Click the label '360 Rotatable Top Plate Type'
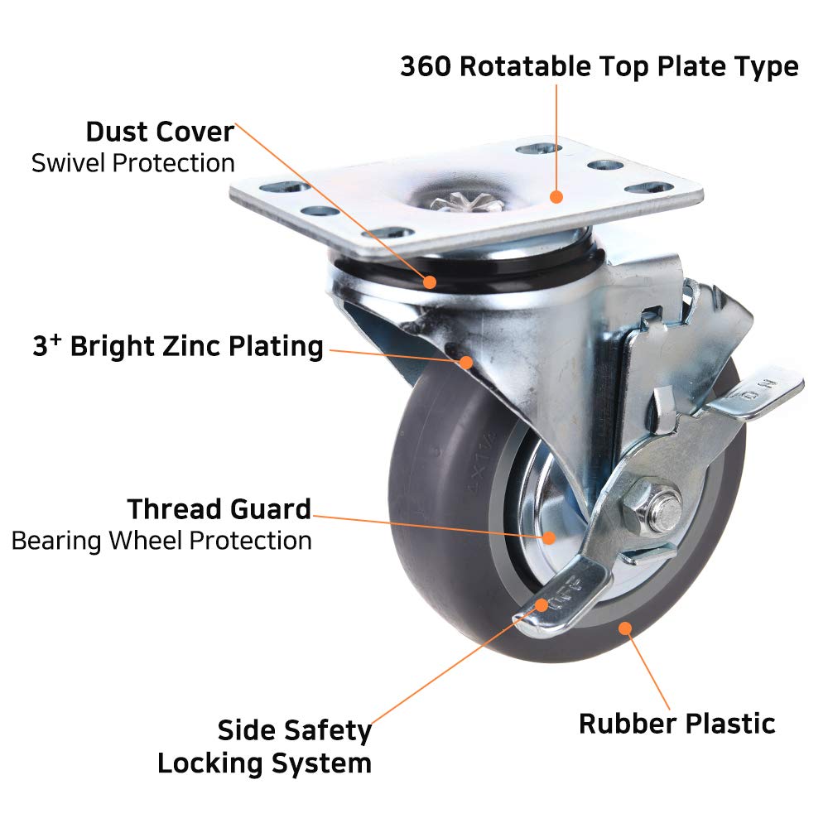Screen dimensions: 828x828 click(599, 66)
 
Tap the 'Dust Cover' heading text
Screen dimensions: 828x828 click(160, 132)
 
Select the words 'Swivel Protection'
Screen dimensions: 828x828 click(132, 163)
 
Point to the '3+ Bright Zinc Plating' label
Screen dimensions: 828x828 click(178, 346)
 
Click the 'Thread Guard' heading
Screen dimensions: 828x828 click(219, 508)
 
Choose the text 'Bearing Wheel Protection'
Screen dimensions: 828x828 click(161, 541)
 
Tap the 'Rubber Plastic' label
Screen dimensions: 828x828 click(676, 723)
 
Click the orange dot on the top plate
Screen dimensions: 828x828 click(556, 197)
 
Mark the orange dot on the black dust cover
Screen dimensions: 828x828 click(430, 282)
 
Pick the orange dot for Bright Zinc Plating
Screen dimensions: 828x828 click(466, 361)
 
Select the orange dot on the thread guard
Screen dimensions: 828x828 click(549, 537)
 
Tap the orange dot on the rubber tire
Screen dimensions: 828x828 click(625, 628)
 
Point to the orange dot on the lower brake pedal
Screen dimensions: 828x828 click(542, 604)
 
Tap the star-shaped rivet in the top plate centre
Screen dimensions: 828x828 click(455, 201)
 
